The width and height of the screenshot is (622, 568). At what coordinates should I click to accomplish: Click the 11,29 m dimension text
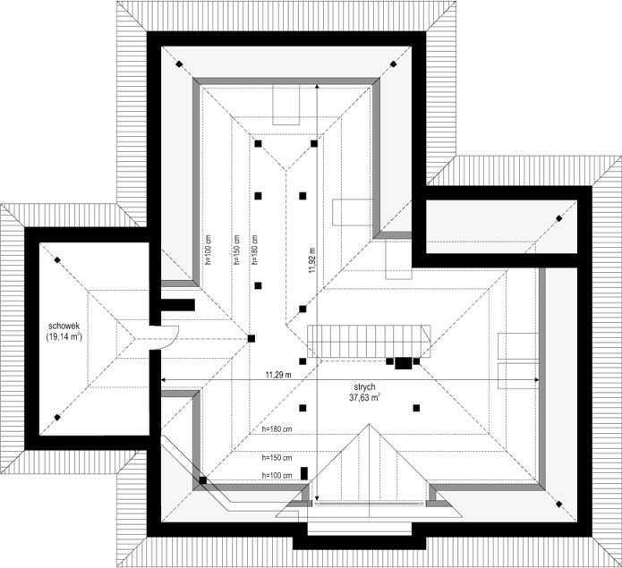[x=278, y=375]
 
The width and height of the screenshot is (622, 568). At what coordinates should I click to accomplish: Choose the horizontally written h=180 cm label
[x=278, y=430]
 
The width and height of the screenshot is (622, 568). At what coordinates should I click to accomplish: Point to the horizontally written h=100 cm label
[x=278, y=475]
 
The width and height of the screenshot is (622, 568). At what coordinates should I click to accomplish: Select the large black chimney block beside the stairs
[x=404, y=363]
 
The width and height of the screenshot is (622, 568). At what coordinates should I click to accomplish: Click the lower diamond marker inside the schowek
[x=57, y=417]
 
